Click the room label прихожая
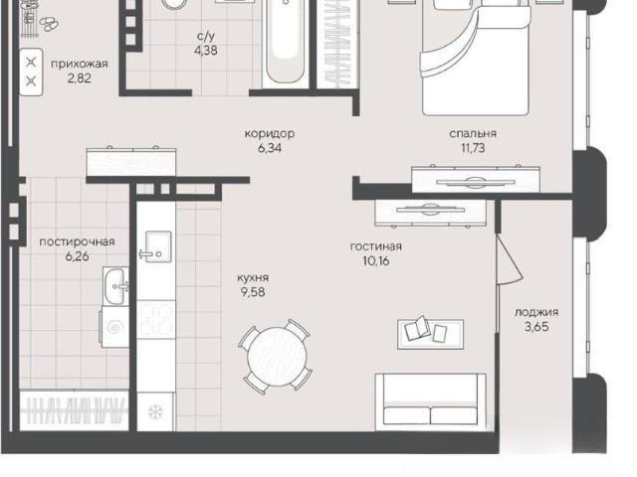pyautogui.click(x=80, y=64)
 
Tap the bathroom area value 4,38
pyautogui.click(x=206, y=51)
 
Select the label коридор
pyautogui.click(x=270, y=133)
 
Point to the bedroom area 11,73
pyautogui.click(x=473, y=148)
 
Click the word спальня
pyautogui.click(x=473, y=133)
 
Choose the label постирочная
pyautogui.click(x=78, y=241)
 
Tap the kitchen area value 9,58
pyautogui.click(x=253, y=292)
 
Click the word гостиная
pyautogui.click(x=376, y=246)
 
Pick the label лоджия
pyautogui.click(x=536, y=312)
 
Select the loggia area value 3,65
pyautogui.click(x=536, y=327)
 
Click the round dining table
pyautogui.click(x=278, y=357)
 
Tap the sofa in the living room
pyautogui.click(x=431, y=401)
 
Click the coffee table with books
pyautogui.click(x=430, y=334)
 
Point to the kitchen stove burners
pyautogui.click(x=156, y=319)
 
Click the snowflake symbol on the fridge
pyautogui.click(x=155, y=412)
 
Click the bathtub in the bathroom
pyautogui.click(x=286, y=43)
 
